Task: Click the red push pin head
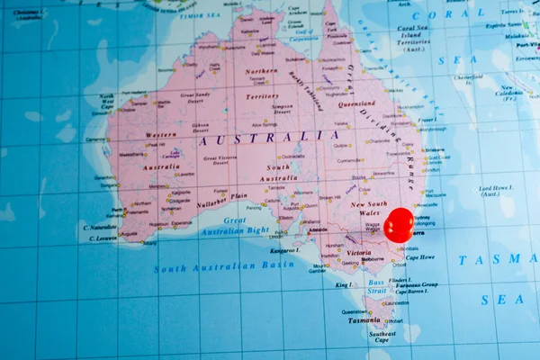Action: pyautogui.click(x=399, y=224)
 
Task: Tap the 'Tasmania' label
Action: pyautogui.click(x=364, y=319)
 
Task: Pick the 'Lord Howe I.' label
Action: pyautogui.click(x=496, y=191)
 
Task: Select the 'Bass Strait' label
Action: pyautogui.click(x=376, y=286)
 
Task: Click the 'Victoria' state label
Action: pyautogui.click(x=358, y=253)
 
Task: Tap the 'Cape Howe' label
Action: pyautogui.click(x=419, y=257)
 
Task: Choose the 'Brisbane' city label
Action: pyautogui.click(x=435, y=150)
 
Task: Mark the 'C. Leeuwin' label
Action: pyautogui.click(x=99, y=238)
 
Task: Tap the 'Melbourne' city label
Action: pyautogui.click(x=361, y=259)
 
